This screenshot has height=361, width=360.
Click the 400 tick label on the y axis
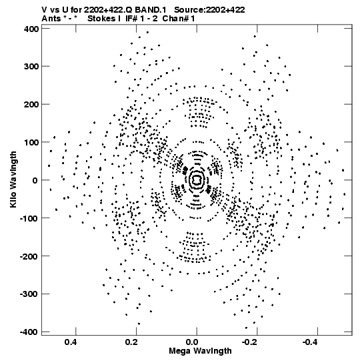click(x=31, y=29)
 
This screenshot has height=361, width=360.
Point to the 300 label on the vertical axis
click(x=31, y=67)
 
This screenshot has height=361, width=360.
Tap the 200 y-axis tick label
click(x=31, y=105)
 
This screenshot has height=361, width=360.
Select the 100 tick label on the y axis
click(x=31, y=143)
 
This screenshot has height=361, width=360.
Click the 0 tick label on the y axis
click(x=35, y=180)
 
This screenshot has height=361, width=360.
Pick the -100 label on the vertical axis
click(x=29, y=218)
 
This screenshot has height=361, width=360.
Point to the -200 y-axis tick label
click(x=29, y=256)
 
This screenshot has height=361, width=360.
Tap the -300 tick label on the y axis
click(x=29, y=294)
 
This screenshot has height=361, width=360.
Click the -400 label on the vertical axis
click(x=29, y=332)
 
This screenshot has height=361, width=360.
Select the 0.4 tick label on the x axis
click(x=71, y=342)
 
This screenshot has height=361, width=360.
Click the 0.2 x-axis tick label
click(x=131, y=342)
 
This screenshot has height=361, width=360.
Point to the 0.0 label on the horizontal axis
click(x=192, y=342)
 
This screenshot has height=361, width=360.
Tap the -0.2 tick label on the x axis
click(x=251, y=342)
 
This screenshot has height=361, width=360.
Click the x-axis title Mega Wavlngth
click(x=200, y=351)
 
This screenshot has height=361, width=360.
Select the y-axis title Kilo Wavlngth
click(x=13, y=179)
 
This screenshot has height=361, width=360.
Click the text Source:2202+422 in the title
click(x=209, y=10)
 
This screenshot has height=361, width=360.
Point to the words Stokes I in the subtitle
click(x=104, y=19)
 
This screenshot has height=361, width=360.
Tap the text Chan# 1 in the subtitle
click(x=179, y=19)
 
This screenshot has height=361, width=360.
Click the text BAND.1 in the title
click(x=151, y=10)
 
